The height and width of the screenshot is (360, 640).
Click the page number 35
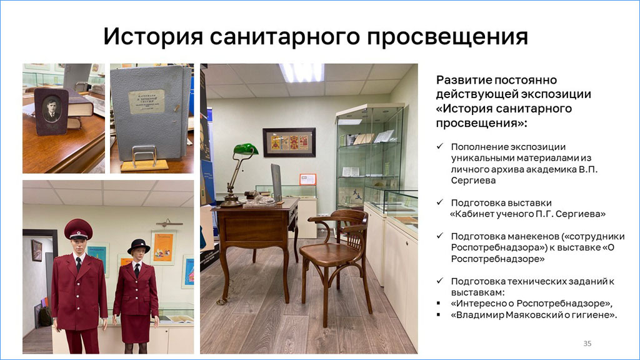click(587, 343)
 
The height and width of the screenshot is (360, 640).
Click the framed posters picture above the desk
click(289, 142)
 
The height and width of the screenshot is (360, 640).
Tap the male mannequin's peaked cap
click(78, 229)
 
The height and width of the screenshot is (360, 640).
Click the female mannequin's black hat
click(138, 246)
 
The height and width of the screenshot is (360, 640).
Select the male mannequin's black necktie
click(78, 264)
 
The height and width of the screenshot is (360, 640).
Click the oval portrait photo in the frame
click(52, 109)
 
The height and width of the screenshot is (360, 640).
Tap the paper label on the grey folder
click(146, 101)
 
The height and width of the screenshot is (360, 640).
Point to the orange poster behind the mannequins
click(163, 247)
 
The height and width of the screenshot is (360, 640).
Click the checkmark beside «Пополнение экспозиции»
click(440, 146)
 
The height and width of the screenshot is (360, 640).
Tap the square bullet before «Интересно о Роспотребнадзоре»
click(438, 303)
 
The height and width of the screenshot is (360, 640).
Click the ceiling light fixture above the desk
click(302, 72)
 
